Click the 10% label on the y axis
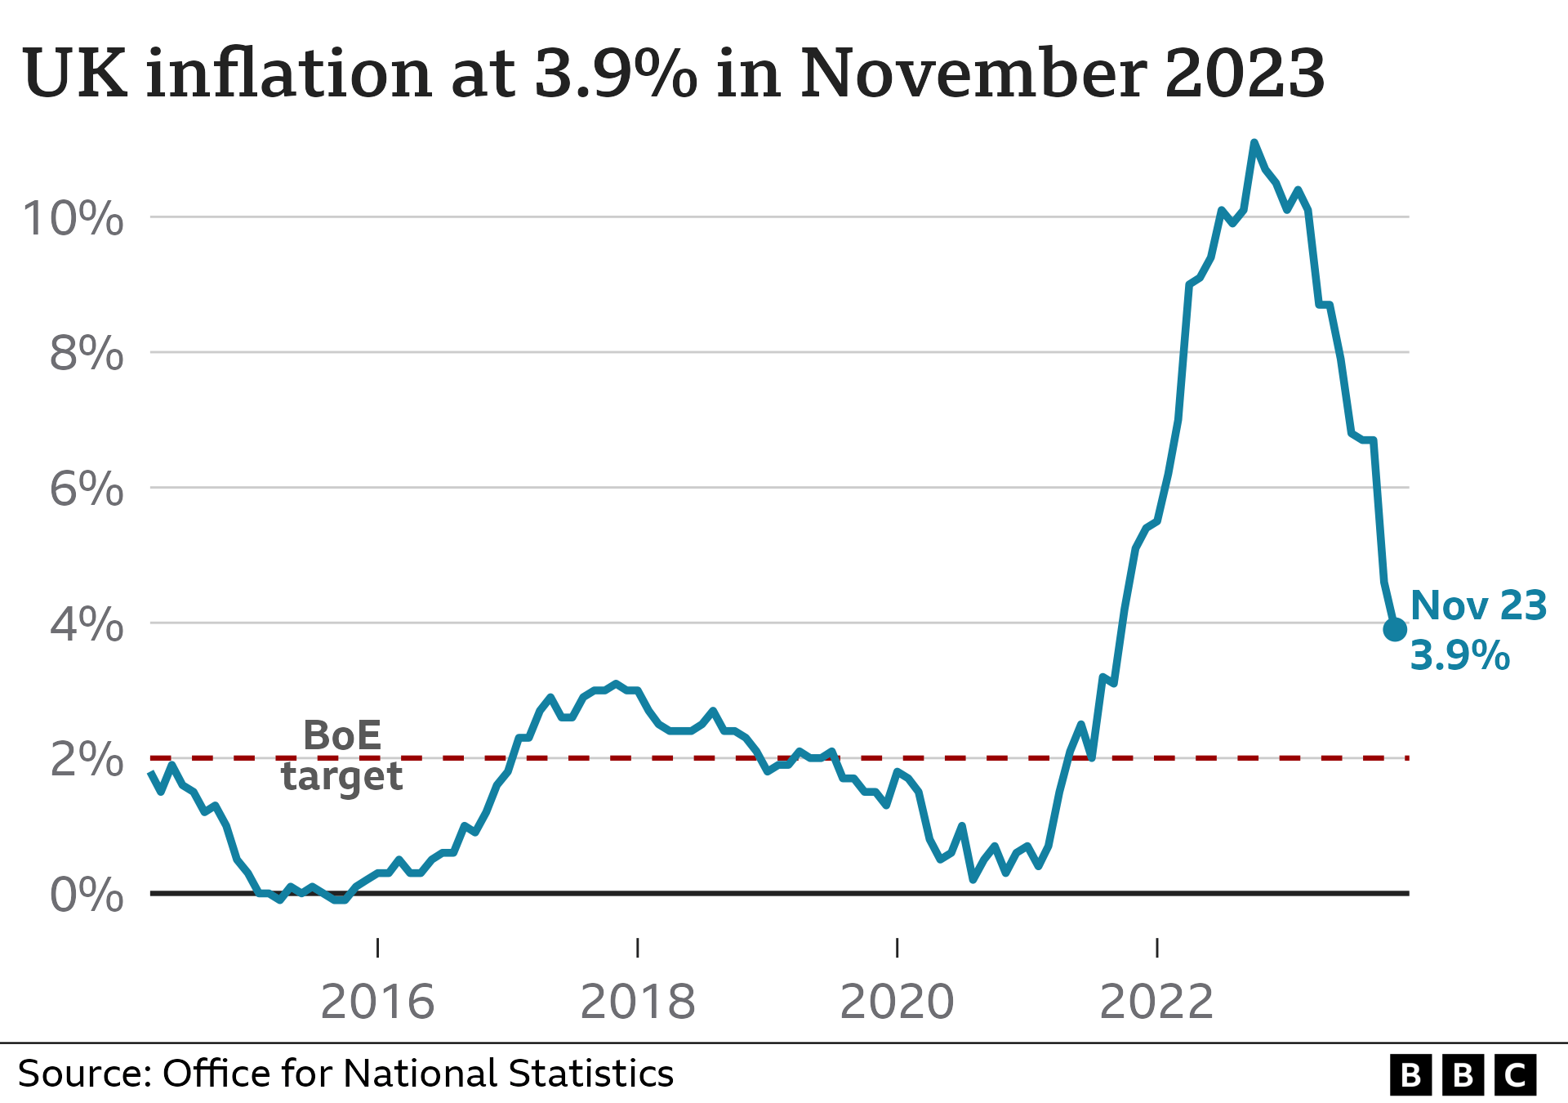point(73,219)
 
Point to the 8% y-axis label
point(86,354)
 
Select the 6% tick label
point(86,489)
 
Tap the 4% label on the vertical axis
point(86,625)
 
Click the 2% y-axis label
point(86,760)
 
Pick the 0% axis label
point(86,895)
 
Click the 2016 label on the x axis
point(377,1002)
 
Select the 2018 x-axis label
point(637,1002)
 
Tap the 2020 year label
point(897,1002)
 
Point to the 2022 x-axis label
point(1156,1002)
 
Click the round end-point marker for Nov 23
point(1395,629)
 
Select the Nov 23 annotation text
point(1478,606)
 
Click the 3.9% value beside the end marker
point(1460,656)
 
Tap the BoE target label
point(342,756)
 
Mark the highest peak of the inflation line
point(1254,144)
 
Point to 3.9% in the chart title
point(616,74)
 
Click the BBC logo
point(1463,1075)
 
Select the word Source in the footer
point(84,1074)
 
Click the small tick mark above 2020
point(897,947)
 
